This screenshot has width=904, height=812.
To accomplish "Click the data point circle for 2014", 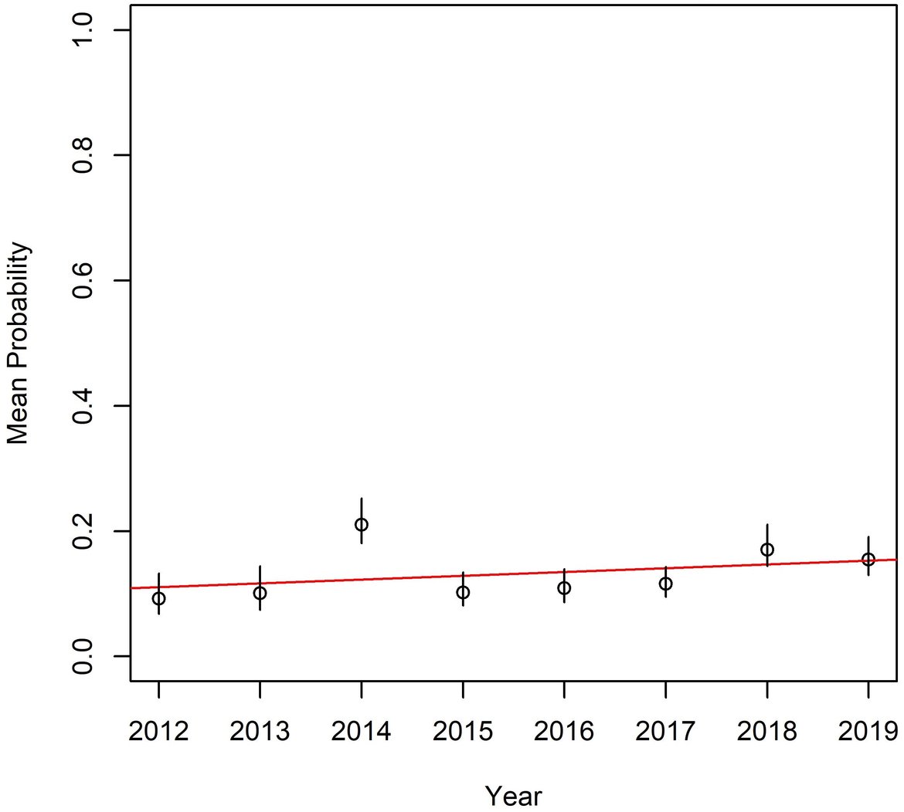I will click(x=361, y=525).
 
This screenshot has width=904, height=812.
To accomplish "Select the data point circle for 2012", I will click(x=158, y=598).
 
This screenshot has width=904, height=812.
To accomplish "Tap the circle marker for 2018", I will click(x=766, y=550).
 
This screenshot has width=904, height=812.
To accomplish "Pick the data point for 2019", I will click(x=868, y=559).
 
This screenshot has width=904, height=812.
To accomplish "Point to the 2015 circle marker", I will click(x=463, y=592).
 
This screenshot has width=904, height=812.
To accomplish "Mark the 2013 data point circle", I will click(x=260, y=593).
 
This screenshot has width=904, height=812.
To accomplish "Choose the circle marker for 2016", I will click(x=564, y=587).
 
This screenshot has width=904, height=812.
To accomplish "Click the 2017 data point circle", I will click(x=665, y=584).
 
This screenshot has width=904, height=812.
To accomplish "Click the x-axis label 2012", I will click(x=158, y=730).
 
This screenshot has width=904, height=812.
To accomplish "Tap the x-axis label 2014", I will click(x=361, y=730).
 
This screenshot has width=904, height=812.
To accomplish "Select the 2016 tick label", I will click(x=564, y=730).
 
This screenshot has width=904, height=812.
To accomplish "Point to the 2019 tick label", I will click(x=868, y=730).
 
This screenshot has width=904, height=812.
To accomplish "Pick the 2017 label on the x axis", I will click(x=665, y=730).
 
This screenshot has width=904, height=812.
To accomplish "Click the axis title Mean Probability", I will click(x=19, y=343).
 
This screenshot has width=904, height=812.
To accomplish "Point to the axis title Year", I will click(x=513, y=795).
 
